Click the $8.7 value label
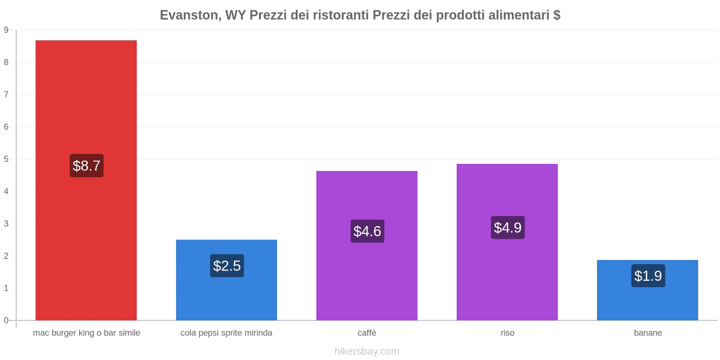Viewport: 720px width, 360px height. click(x=86, y=166)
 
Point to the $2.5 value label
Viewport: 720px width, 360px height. click(x=227, y=266)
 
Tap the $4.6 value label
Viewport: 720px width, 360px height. click(x=367, y=231)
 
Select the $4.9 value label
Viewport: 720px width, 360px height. click(x=508, y=228)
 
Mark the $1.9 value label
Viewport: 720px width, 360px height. click(x=648, y=276)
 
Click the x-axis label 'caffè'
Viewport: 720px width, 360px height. click(x=367, y=333)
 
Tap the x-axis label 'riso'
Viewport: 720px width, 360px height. click(x=507, y=333)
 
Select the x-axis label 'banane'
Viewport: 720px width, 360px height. click(x=648, y=333)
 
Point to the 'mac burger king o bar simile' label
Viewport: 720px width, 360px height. click(x=86, y=333)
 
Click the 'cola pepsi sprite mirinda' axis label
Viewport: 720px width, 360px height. click(x=226, y=333)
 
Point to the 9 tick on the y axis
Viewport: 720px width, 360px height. click(x=6, y=30)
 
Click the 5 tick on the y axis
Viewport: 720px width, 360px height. click(x=6, y=159)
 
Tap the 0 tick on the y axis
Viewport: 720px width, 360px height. click(x=6, y=320)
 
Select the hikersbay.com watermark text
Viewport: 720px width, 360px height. click(x=367, y=351)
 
